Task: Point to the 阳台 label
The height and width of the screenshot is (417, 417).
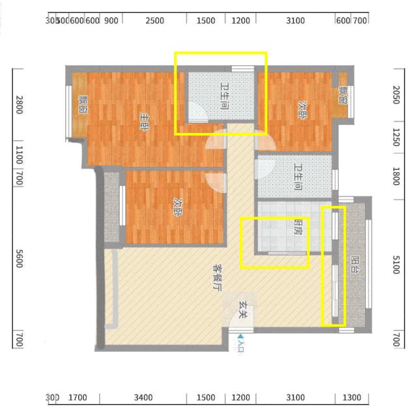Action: point(354,264)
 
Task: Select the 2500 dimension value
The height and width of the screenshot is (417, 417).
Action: point(154,20)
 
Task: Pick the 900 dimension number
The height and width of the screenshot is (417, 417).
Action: point(111,20)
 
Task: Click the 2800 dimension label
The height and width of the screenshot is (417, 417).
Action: point(19,104)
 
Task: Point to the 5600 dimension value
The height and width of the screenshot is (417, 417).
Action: point(19,260)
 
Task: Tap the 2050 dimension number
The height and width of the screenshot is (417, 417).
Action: point(395,97)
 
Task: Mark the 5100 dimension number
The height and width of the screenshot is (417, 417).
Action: point(395,264)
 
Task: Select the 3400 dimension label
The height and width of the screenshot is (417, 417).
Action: point(143,397)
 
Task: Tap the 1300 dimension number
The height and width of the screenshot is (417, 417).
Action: point(351,397)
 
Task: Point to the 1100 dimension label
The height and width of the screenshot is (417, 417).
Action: point(19,155)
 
